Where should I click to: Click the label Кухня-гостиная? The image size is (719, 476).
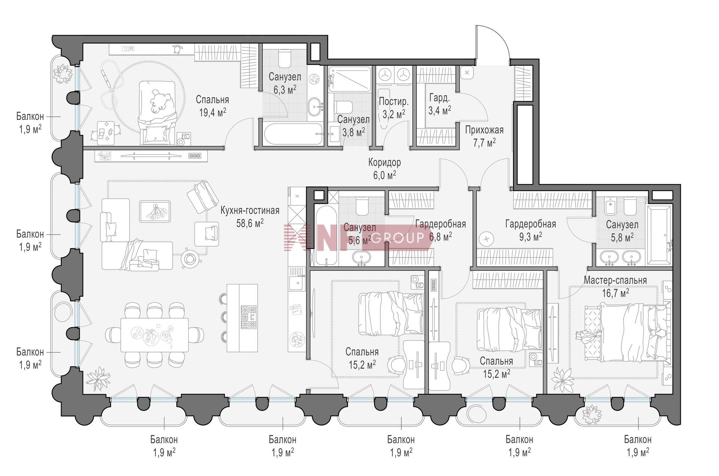coord(250,211)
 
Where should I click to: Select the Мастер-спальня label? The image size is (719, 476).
coord(615,280)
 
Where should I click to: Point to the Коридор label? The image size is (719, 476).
coord(385,162)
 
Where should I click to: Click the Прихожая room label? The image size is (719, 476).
coord(484,130)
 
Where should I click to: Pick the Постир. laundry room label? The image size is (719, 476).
coord(394,102)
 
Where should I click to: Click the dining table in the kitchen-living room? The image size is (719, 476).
coord(154,335)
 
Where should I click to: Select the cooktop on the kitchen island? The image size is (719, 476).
coord(249,317)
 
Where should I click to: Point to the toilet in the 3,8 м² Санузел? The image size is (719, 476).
coord(342,106)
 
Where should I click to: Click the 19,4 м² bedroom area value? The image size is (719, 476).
coord(212,112)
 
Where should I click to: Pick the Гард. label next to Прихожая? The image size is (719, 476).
coord(439,98)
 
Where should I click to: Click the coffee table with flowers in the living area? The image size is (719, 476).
coord(155,211)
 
